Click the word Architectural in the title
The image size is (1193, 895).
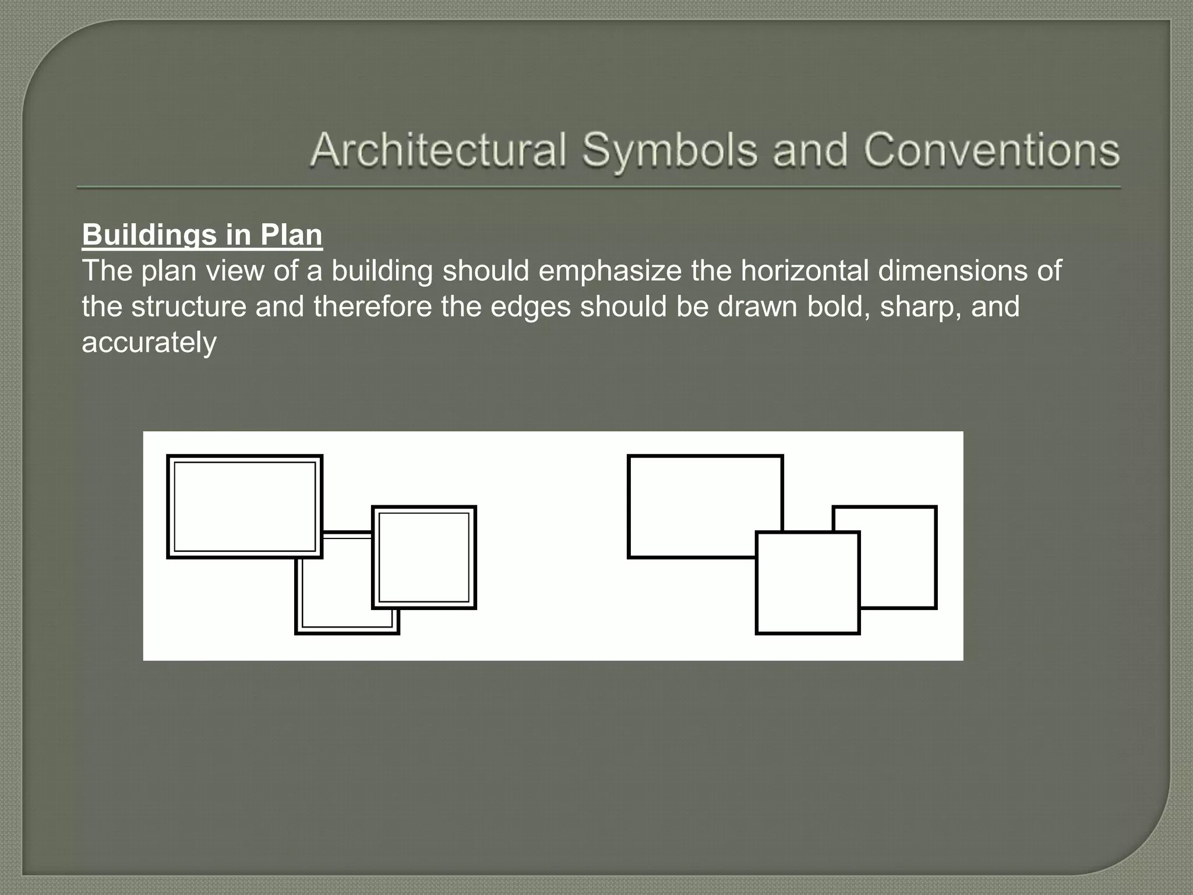click(x=438, y=150)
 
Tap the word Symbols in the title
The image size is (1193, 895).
click(x=670, y=150)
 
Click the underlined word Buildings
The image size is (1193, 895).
click(x=149, y=235)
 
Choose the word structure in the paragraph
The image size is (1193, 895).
click(x=189, y=307)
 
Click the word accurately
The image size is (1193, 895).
click(x=149, y=343)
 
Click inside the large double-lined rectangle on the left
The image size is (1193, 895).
click(x=245, y=506)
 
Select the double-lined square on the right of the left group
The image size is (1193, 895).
click(x=424, y=557)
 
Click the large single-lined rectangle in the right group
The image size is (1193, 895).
click(x=699, y=501)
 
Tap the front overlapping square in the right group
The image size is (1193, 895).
click(x=807, y=583)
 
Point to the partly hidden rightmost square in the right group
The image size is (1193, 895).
click(x=899, y=559)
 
